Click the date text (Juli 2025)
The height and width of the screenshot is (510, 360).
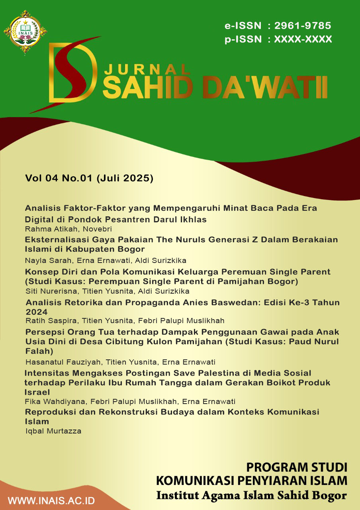pyautogui.click(x=125, y=178)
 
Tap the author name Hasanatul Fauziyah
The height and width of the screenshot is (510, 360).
pyautogui.click(x=56, y=362)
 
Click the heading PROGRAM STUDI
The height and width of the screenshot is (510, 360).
pyautogui.click(x=297, y=467)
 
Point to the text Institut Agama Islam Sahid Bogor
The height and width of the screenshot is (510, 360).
pyautogui.click(x=252, y=496)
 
